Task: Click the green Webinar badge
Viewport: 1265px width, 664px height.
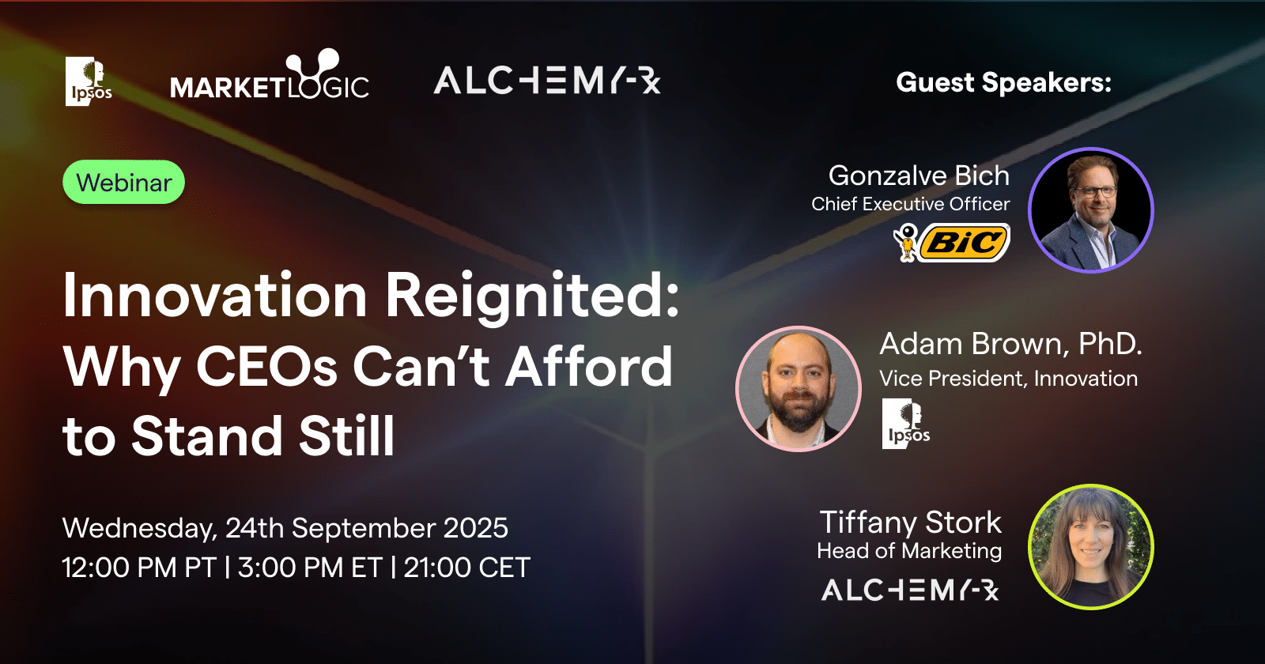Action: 123,182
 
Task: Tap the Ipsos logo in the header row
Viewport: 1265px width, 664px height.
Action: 88,81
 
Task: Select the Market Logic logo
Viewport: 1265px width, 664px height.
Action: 270,75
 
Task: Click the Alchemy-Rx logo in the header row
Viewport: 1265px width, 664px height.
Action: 546,80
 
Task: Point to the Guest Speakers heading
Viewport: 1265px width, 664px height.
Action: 1003,82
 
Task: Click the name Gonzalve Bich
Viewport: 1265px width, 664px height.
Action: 919,175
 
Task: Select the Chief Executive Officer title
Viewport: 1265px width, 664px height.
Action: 910,204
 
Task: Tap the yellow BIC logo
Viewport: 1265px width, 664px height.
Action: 952,243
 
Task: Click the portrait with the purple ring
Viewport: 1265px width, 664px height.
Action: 1090,210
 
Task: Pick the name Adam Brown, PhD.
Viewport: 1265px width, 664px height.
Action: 1011,343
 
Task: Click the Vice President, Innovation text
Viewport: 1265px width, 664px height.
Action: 1008,379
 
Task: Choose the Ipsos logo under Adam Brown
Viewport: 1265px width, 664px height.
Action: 906,424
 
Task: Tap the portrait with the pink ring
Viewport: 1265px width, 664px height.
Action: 798,388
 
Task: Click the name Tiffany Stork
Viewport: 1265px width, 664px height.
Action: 910,523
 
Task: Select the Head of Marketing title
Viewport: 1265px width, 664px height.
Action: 909,550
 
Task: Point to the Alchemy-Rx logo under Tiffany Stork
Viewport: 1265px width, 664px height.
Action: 910,590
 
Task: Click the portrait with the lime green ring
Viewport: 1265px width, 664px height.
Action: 1090,546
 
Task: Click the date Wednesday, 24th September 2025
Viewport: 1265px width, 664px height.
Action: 285,528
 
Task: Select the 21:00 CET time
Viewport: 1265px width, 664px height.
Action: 467,568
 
